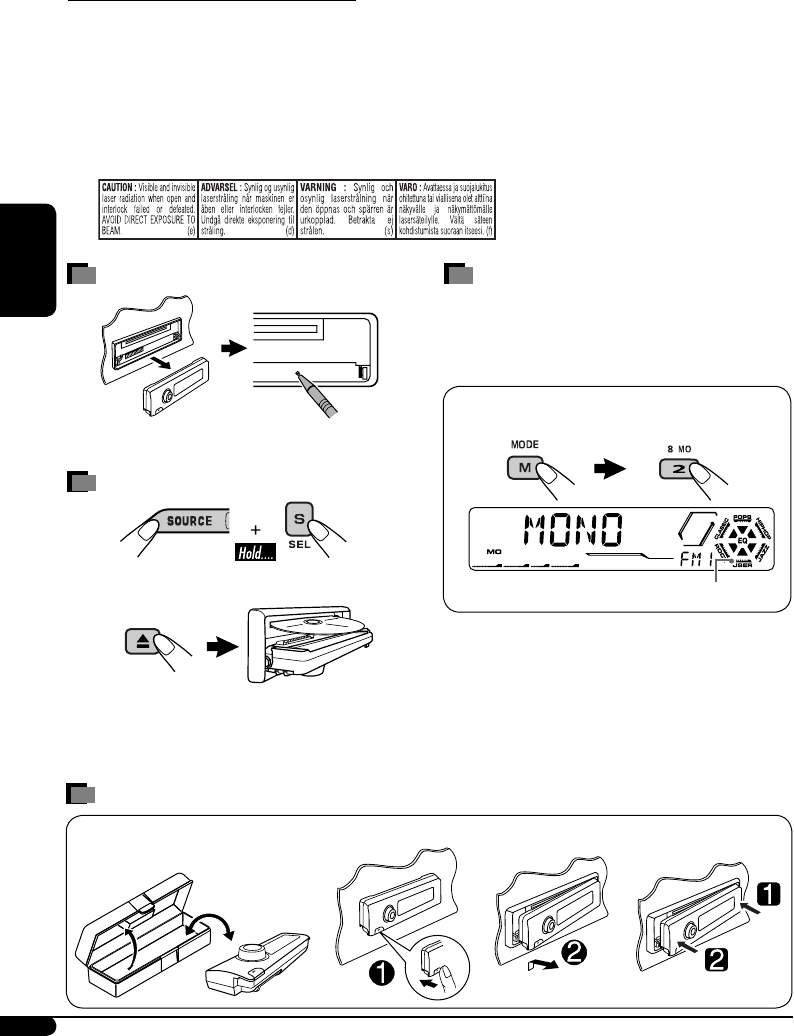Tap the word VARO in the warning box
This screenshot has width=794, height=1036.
414,186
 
